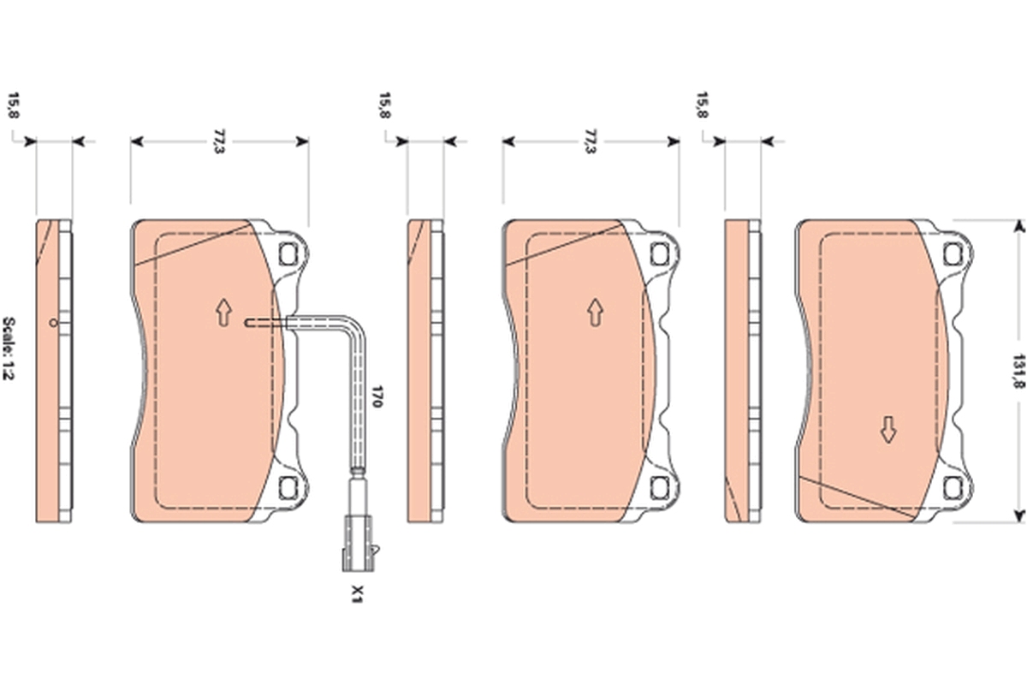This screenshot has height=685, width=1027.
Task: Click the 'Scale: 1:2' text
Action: point(9,348)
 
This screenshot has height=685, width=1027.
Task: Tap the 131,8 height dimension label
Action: point(1018,371)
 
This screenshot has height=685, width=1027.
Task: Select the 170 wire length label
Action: point(377,396)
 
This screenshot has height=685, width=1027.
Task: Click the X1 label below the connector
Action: point(357,594)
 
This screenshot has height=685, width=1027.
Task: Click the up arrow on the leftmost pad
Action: point(223,313)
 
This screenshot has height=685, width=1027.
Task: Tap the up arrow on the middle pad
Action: point(595,313)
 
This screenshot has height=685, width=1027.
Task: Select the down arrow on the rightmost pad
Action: point(888,430)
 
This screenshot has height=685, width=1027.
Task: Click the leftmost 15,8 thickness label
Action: point(13,105)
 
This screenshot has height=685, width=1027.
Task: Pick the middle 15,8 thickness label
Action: point(384,105)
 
